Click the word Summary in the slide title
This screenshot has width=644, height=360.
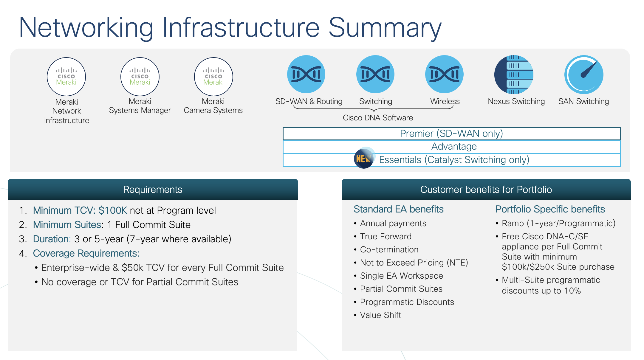tap(385, 28)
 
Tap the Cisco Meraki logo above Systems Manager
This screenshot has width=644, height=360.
tap(140, 77)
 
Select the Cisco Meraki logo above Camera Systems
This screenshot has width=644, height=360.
tap(213, 77)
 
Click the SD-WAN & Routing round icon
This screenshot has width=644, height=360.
tap(306, 74)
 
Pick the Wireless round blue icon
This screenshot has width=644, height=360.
tap(444, 74)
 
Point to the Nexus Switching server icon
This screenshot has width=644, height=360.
tap(514, 75)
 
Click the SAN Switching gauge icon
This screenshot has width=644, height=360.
tap(584, 75)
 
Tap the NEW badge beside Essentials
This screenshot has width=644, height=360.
tap(363, 158)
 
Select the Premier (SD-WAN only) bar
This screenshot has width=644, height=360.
tap(451, 134)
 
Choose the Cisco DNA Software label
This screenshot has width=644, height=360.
tap(378, 118)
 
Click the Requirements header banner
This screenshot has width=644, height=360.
tap(153, 190)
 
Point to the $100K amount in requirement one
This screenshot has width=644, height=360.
tap(113, 210)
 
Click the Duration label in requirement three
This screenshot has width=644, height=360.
tap(51, 239)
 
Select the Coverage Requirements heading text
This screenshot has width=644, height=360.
tap(86, 253)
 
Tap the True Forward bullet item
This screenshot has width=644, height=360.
tap(386, 237)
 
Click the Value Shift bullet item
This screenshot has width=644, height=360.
tap(380, 315)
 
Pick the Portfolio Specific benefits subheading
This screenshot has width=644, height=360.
tap(550, 209)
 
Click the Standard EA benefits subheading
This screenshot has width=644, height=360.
tap(398, 209)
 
